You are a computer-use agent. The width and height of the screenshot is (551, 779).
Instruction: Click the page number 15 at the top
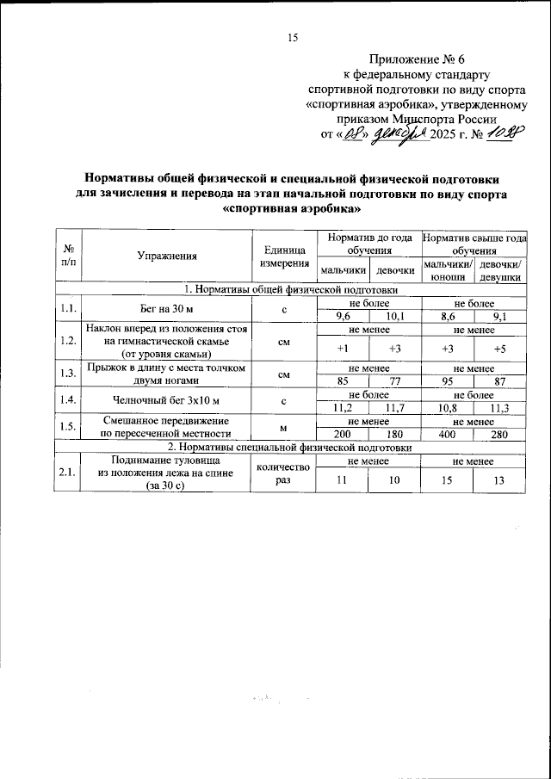pos(291,37)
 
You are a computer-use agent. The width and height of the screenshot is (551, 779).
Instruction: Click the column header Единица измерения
pos(283,255)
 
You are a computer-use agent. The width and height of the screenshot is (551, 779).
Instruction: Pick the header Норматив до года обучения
pos(368,242)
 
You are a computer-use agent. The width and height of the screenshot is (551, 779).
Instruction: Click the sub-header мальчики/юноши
pos(449,270)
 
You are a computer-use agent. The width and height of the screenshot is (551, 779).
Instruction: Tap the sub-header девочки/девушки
pos(500,270)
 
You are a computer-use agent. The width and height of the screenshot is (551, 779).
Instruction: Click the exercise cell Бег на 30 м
pos(167,310)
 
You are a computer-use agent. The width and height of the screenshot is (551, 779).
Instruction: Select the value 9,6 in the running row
pos(342,316)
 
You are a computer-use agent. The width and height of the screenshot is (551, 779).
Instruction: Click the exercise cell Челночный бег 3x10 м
pos(167,400)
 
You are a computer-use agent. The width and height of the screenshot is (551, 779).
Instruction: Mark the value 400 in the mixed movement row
pos(449,435)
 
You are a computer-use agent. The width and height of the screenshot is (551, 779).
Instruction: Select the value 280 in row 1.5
pos(500,435)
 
